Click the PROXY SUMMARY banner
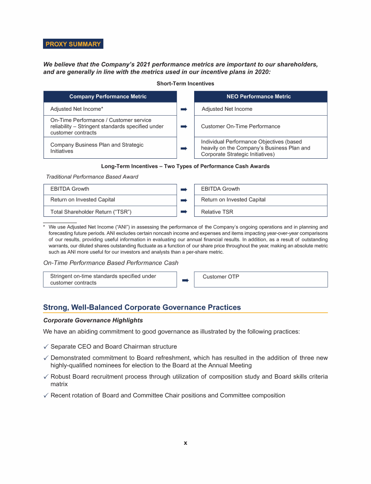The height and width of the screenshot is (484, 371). [x=73, y=44]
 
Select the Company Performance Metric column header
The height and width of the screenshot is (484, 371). [x=108, y=97]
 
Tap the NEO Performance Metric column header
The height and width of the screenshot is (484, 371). [x=260, y=97]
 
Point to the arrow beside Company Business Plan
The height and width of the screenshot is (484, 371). [x=184, y=148]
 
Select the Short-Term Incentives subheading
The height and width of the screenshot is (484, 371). [x=185, y=84]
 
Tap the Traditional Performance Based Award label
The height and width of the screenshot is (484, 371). [x=92, y=177]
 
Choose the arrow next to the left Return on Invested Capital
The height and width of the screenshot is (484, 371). [x=184, y=200]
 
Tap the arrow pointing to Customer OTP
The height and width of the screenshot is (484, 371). [x=185, y=280]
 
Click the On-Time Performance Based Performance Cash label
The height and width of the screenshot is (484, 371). [x=111, y=263]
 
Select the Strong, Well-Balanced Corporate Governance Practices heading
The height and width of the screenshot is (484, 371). [x=142, y=307]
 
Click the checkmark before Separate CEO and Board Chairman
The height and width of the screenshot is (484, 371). [x=45, y=347]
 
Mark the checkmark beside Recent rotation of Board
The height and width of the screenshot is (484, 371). [x=45, y=396]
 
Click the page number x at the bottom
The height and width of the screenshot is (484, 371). [x=185, y=443]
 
